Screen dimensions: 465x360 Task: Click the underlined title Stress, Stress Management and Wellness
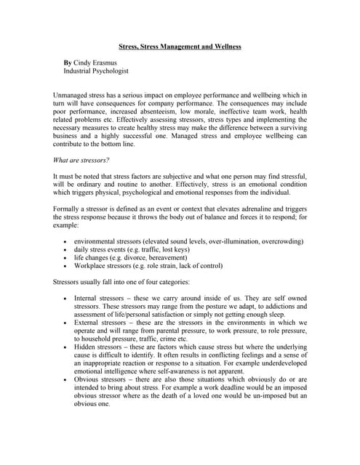180,46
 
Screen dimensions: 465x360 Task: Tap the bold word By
68,64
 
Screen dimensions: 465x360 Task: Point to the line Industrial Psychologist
97,73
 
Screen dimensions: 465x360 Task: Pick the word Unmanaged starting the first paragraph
73,95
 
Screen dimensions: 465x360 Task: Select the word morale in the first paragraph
209,114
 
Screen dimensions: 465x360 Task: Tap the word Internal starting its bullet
89,298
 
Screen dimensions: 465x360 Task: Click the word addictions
287,307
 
